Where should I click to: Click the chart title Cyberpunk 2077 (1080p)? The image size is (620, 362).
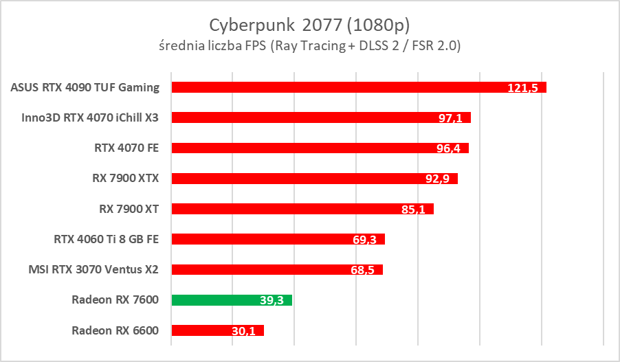coord(309,25)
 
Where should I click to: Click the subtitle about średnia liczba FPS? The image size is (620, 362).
coord(309,47)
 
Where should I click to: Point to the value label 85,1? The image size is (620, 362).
coord(414,210)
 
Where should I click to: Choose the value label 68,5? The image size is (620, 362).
coord(362,270)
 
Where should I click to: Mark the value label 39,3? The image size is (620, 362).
coord(272,300)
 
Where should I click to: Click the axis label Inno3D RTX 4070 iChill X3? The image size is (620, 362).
coord(91,117)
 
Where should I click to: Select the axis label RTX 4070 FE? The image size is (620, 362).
coord(126,148)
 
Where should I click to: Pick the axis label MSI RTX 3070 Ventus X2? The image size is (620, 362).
coord(95,269)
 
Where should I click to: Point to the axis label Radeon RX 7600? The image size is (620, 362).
coord(115,299)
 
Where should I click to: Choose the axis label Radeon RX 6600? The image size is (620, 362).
coord(115,330)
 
